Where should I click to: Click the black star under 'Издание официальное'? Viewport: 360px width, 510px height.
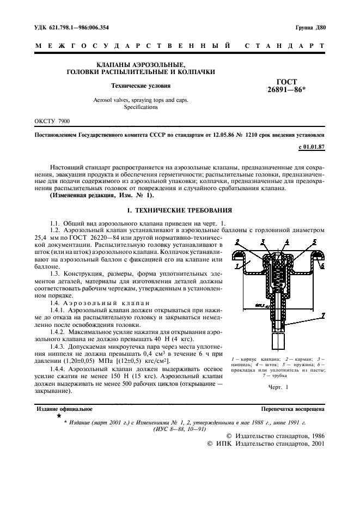58,416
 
